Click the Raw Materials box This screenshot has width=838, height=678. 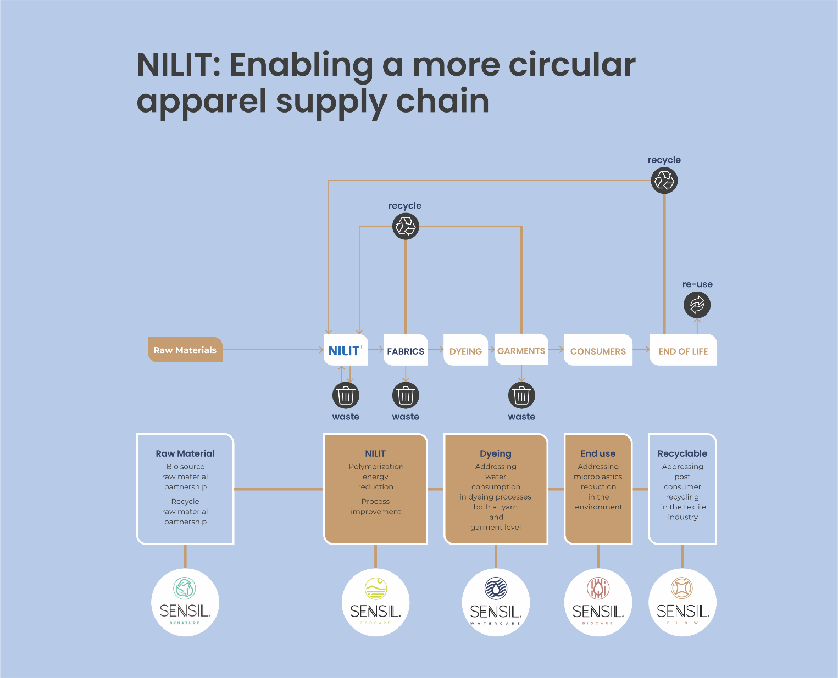coord(185,350)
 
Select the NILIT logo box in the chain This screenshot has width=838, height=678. coord(346,350)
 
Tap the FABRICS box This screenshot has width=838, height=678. coord(406,351)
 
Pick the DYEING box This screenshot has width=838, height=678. coord(465,351)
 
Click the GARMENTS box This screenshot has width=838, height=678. coord(521,350)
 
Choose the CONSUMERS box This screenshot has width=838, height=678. coord(598,351)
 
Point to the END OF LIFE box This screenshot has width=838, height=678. coord(683,351)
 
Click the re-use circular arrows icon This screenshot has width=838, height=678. coord(697,305)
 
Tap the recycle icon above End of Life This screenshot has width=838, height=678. coord(664,180)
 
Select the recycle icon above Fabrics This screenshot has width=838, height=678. coord(406,226)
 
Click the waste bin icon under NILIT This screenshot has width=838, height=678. coord(346,395)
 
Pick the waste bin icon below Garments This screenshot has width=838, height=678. coord(521,395)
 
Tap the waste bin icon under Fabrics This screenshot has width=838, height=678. coord(406,395)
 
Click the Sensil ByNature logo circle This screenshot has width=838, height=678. coord(185,602)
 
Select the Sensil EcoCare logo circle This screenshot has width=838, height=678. coord(375,602)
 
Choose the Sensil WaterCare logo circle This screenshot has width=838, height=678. coord(496,602)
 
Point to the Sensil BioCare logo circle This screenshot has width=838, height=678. coord(598,602)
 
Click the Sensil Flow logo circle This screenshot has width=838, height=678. coord(682,602)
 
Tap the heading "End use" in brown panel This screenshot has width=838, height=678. coord(598,453)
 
